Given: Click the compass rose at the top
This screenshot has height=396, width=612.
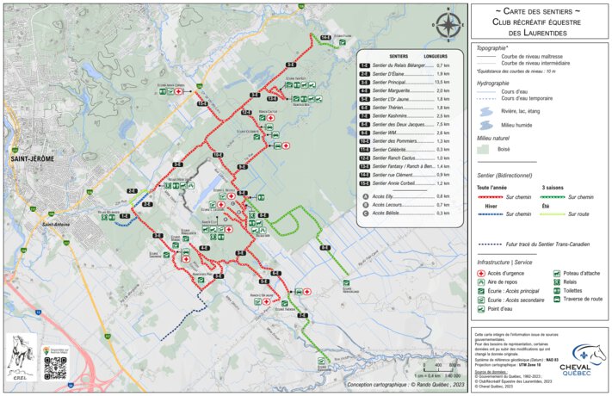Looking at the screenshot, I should click(x=447, y=25).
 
